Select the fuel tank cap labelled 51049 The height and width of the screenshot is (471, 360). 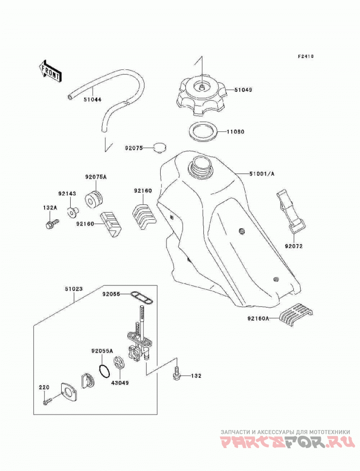coord(201,95)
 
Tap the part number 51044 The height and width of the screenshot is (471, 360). coord(92,100)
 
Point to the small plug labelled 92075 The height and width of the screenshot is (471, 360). coord(160,148)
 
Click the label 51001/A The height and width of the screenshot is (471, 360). coord(262,174)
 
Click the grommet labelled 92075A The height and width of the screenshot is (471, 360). coord(94,199)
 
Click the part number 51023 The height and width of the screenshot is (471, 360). coord(73,289)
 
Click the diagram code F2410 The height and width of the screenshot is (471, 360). coord(306,56)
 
